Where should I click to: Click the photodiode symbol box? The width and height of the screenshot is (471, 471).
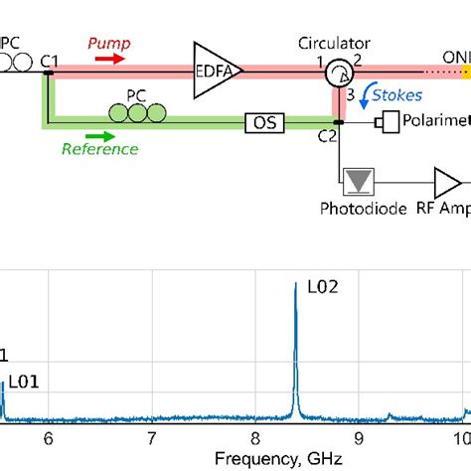coord(357,181)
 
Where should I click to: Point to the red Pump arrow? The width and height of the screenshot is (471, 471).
coord(109,58)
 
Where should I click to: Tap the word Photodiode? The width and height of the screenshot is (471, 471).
coord(357,210)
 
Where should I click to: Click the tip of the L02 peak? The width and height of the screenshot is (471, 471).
coord(295,285)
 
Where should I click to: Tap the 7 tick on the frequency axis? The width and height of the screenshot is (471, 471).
coord(151,437)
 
